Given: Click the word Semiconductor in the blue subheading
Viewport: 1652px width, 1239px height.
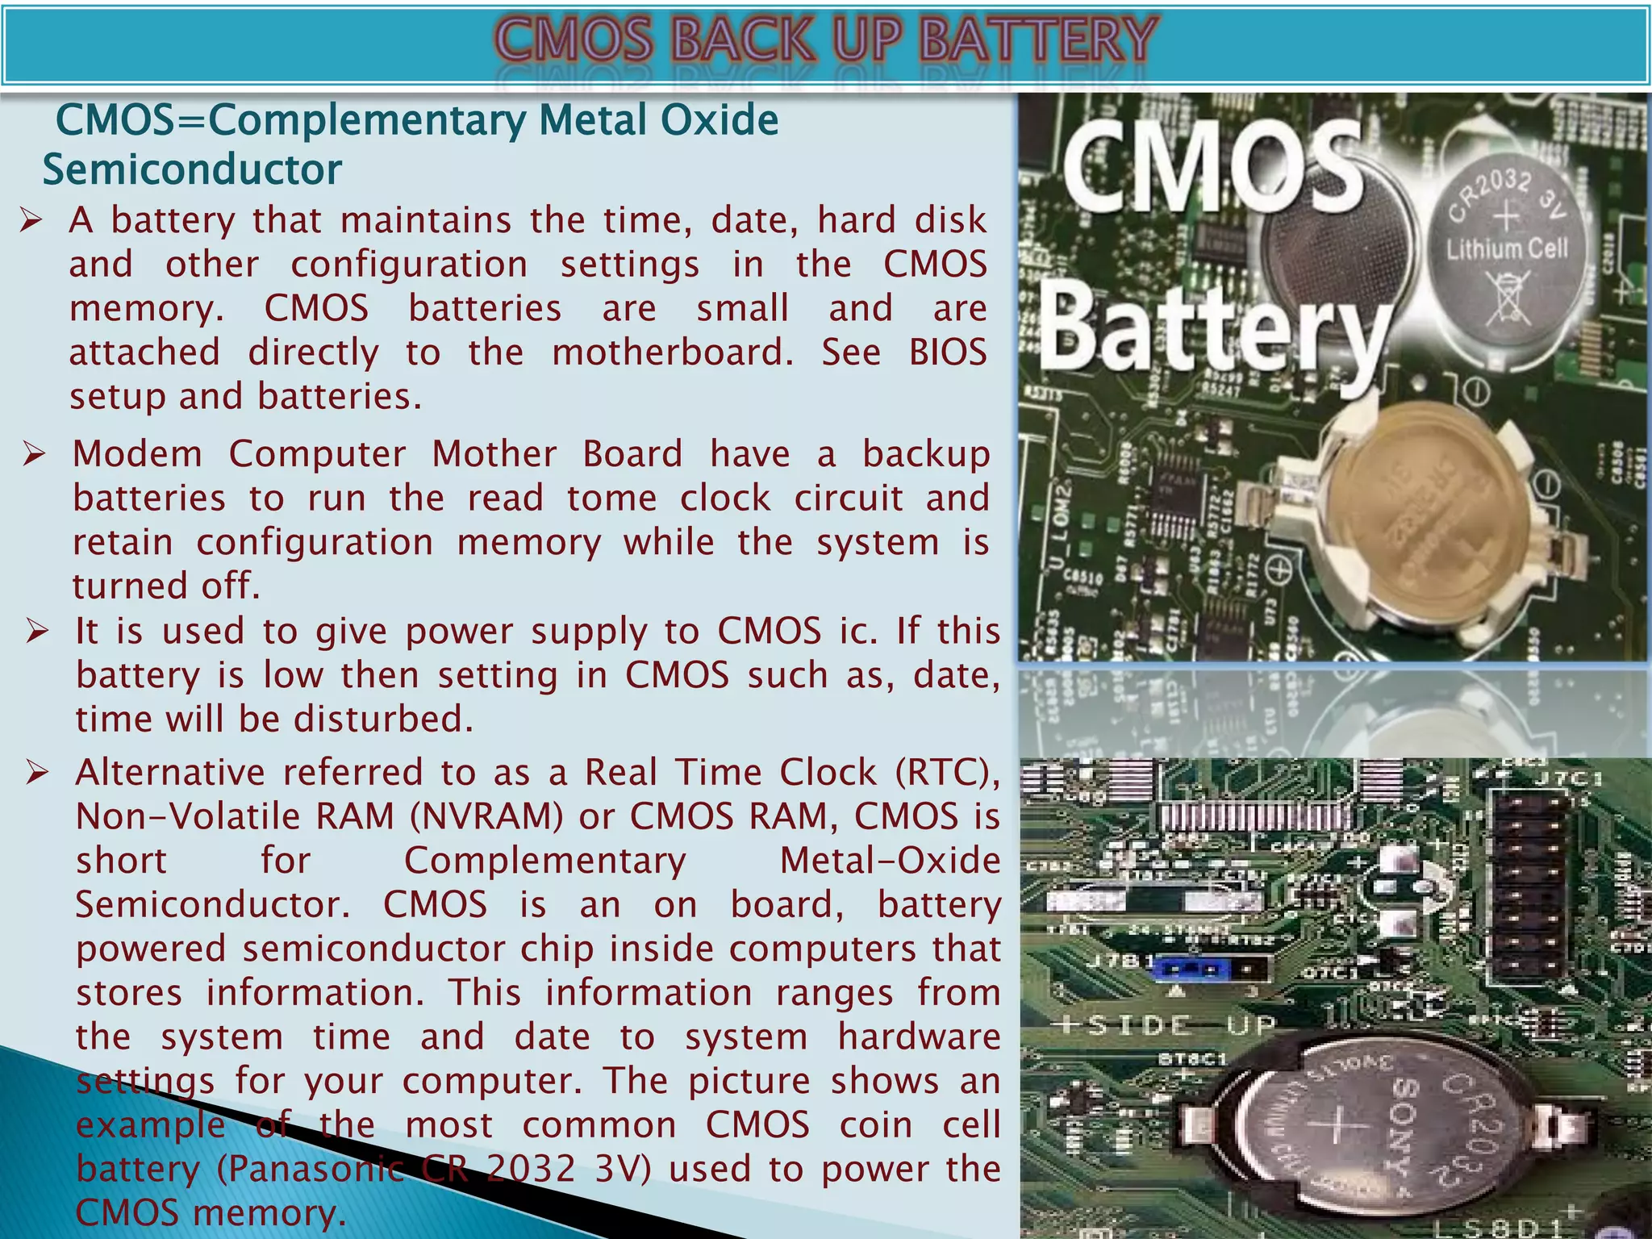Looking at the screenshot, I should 192,170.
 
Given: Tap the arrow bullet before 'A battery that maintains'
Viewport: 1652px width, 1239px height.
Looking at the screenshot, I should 31,220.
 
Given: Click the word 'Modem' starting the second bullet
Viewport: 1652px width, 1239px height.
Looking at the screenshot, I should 137,454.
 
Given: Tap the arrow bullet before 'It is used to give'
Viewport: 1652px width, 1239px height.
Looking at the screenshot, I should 37,631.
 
